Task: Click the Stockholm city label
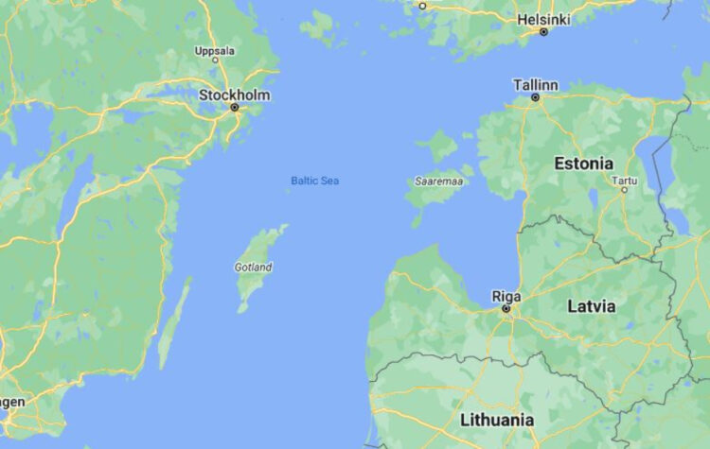234,95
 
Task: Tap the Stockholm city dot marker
235,108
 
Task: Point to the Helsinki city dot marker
543,31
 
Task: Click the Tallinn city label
535,84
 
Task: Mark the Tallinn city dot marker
535,96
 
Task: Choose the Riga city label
506,296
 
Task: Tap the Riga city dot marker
506,308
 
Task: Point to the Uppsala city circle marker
215,60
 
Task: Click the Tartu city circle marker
624,189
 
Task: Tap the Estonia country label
583,163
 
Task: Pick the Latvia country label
591,306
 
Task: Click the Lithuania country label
497,419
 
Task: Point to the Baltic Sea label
314,181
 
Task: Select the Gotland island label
253,268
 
